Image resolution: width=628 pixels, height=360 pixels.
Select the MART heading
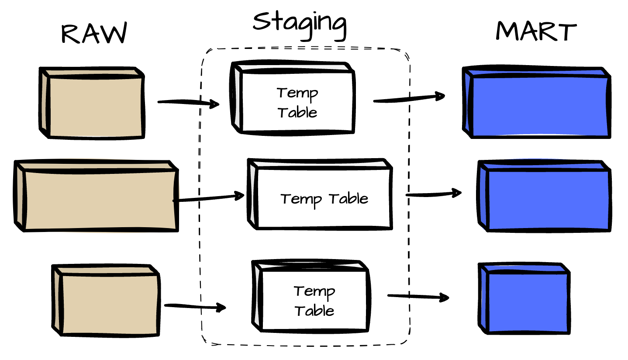point(536,31)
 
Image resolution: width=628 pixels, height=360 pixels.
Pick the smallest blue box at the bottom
point(524,299)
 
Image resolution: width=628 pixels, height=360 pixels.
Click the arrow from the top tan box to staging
point(188,103)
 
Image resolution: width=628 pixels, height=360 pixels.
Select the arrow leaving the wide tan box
point(209,198)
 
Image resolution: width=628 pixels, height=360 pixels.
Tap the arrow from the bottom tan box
point(195,306)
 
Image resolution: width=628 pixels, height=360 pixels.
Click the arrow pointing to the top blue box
point(409,98)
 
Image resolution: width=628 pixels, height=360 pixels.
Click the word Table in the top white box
point(297,113)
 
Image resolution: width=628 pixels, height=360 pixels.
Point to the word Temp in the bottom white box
point(314,291)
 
